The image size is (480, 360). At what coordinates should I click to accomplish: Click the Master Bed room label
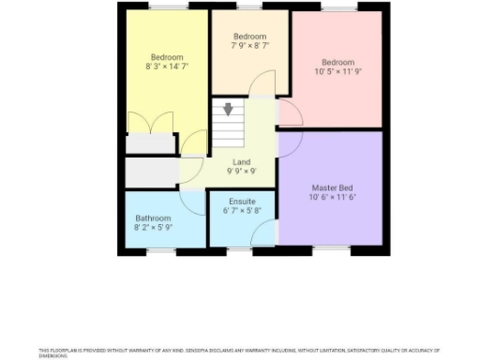(x=333, y=187)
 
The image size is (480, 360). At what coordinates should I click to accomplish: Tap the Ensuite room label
(x=242, y=201)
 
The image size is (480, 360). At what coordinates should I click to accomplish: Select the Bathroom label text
(x=153, y=217)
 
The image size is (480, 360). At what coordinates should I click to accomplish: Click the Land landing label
(x=241, y=162)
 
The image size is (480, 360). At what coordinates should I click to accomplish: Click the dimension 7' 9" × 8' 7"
(x=249, y=44)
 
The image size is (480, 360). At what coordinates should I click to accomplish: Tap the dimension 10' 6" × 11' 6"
(x=333, y=197)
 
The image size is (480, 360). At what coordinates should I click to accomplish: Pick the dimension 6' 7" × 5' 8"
(x=242, y=211)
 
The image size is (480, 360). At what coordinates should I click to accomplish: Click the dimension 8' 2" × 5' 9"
(x=153, y=228)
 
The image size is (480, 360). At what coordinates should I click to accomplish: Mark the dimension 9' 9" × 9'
(x=241, y=172)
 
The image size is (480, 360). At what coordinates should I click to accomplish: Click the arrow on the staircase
(x=227, y=110)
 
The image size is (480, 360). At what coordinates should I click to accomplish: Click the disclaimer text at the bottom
(x=239, y=352)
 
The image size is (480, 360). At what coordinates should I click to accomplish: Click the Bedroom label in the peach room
(x=249, y=34)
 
